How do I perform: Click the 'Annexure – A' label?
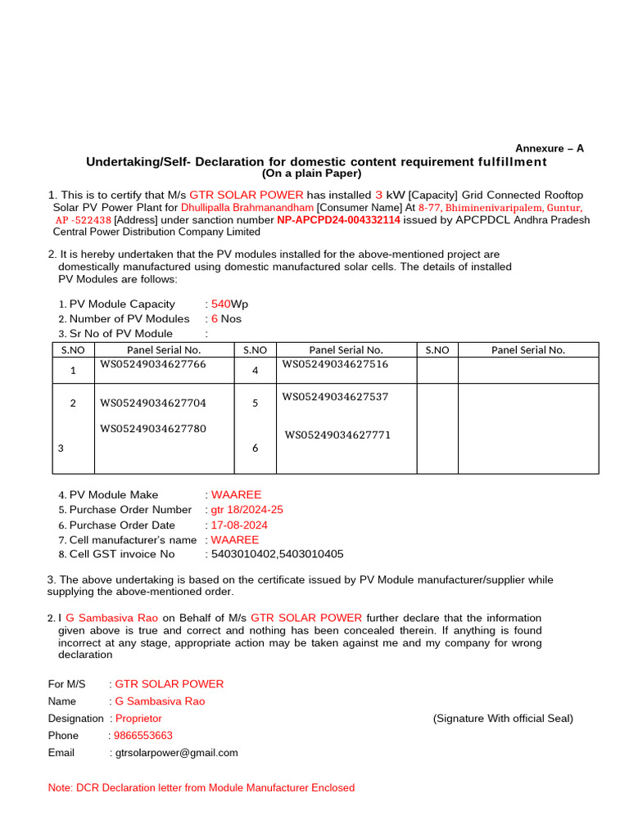click(x=549, y=148)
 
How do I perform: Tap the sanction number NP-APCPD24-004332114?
click(x=338, y=220)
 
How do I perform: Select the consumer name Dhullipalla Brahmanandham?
click(x=247, y=208)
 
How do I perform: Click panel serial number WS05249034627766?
click(x=153, y=364)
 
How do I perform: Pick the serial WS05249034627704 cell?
click(x=153, y=403)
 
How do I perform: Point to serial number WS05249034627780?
click(x=153, y=428)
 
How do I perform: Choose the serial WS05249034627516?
click(x=335, y=364)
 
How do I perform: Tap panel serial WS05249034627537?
click(x=335, y=397)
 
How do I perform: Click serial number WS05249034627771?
click(x=337, y=435)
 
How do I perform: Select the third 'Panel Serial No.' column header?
click(x=528, y=350)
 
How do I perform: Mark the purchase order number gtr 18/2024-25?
click(x=247, y=510)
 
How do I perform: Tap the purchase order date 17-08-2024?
click(x=239, y=525)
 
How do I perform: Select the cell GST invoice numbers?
click(x=278, y=554)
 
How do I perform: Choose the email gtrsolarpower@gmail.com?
click(x=176, y=753)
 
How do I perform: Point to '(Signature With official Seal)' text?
click(x=503, y=719)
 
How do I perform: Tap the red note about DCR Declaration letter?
click(x=201, y=788)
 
